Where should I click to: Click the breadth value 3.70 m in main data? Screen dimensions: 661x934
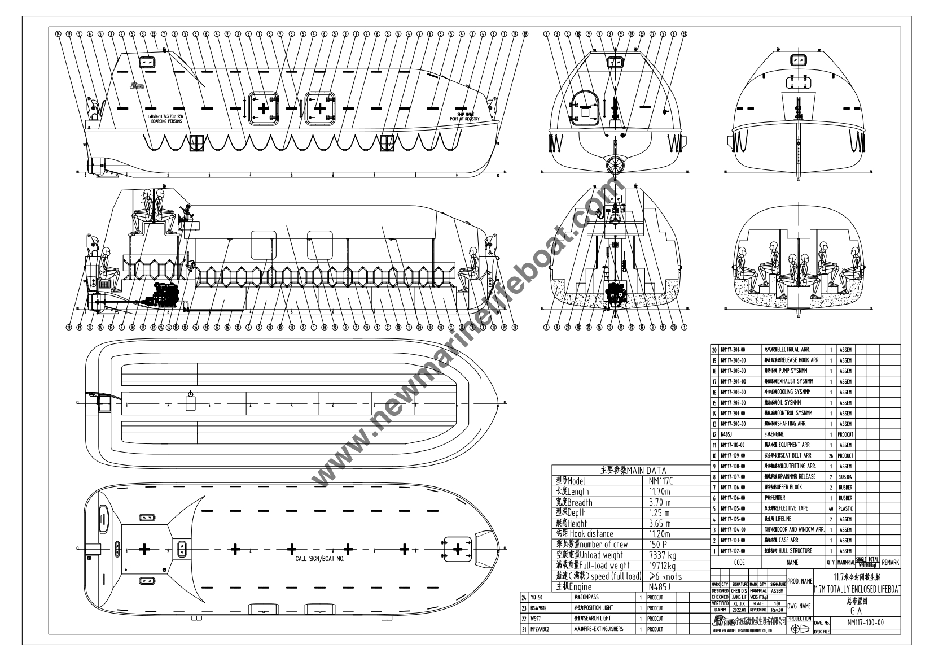[x=659, y=502]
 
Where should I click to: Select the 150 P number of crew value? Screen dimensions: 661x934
[x=658, y=544]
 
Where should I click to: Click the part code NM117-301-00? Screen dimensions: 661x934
[x=733, y=350]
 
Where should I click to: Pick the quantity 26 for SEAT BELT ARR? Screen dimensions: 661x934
[x=830, y=455]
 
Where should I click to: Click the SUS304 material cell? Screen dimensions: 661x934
[x=845, y=477]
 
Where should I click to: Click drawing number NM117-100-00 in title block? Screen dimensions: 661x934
[x=865, y=623]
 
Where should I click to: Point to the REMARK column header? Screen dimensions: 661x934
[x=890, y=563]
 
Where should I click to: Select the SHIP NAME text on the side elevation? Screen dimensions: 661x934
[x=465, y=114]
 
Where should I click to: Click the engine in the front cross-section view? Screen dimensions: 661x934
[x=615, y=296]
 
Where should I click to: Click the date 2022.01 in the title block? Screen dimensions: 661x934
[x=737, y=610]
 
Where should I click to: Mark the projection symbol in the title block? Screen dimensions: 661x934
[x=800, y=629]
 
